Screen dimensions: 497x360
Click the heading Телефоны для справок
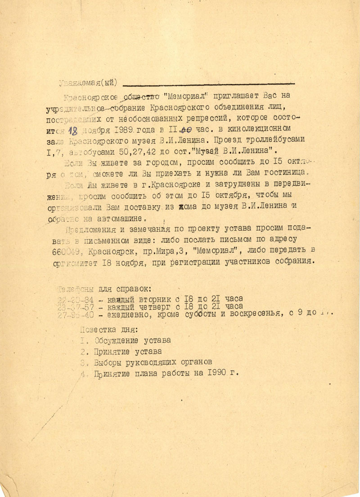pyautogui.click(x=105, y=288)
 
